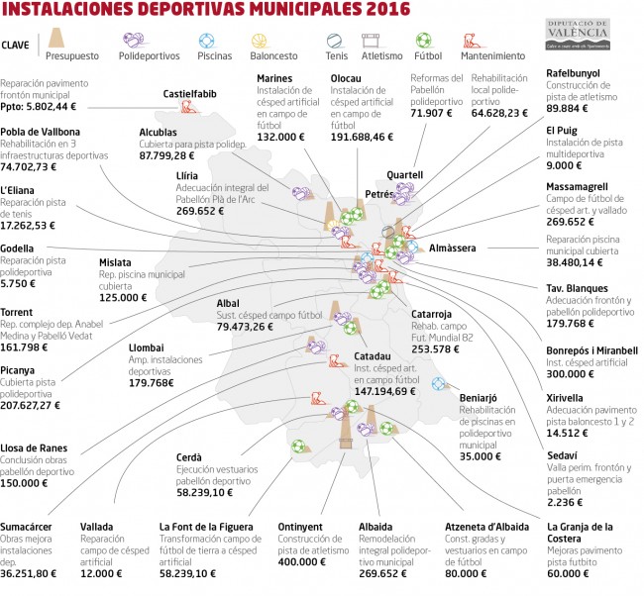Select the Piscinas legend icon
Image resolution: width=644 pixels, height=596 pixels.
(x=206, y=42)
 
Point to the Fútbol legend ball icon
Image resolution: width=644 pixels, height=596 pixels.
(x=423, y=42)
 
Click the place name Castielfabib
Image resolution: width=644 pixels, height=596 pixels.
(x=190, y=95)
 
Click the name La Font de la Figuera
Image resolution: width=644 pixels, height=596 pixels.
(x=202, y=527)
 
